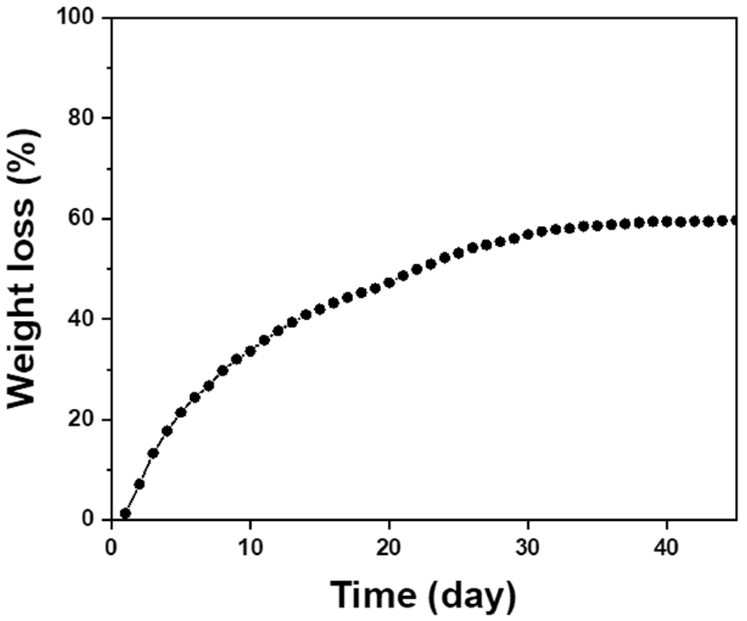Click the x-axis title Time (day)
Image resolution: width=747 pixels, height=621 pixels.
423,595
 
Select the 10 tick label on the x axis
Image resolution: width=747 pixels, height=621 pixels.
250,548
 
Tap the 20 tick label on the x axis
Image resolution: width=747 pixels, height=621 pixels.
388,548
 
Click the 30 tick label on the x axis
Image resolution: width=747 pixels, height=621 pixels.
528,548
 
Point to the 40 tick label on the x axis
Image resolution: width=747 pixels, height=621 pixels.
667,548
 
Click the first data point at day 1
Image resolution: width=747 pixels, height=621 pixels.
125,514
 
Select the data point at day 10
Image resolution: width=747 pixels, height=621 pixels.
250,351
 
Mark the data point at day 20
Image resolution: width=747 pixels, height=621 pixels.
389,283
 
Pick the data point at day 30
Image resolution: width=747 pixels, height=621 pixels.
528,234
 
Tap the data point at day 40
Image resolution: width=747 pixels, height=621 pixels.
667,221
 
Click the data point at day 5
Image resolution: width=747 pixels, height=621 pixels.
181,412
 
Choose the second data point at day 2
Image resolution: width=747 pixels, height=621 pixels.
139,484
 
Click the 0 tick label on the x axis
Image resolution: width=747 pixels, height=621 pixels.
111,548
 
